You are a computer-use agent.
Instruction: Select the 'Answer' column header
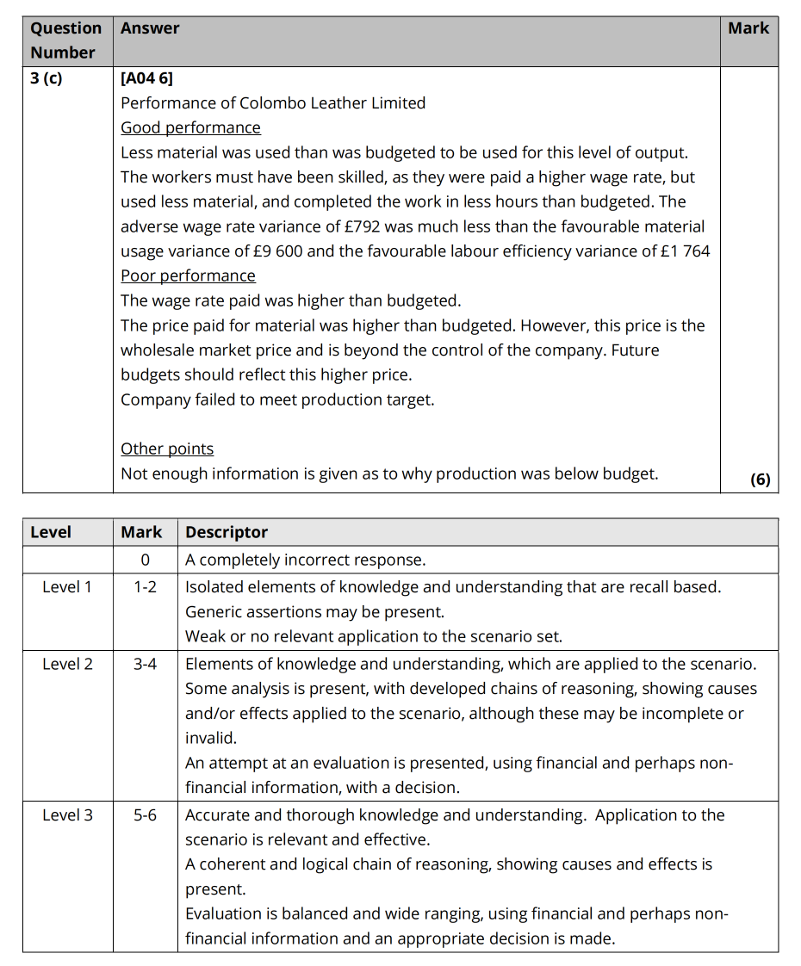150,28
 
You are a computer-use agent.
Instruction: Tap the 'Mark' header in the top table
748,28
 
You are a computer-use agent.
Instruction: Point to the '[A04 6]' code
146,78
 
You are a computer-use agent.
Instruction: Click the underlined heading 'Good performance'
190,127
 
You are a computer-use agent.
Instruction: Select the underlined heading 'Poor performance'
188,276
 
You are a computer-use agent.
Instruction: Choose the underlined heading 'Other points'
167,449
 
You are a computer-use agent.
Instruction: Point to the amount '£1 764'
680,251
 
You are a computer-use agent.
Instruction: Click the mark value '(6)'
760,480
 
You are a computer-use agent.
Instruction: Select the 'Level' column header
51,532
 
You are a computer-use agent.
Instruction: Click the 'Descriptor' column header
227,532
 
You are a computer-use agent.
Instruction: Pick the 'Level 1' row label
67,587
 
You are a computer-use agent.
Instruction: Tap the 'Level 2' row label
67,664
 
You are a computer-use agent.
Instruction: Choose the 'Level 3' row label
67,814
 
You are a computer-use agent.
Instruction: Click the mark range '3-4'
145,664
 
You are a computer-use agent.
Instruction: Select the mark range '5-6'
145,814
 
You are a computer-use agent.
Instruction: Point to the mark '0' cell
145,560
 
